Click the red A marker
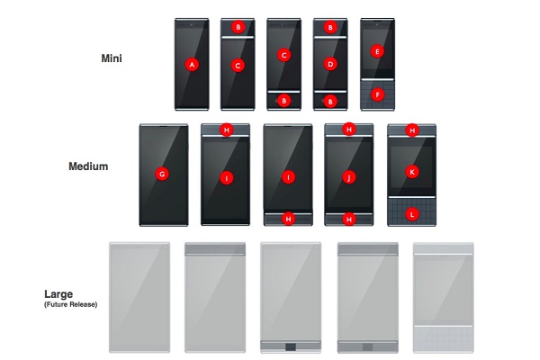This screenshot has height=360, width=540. click(x=192, y=65)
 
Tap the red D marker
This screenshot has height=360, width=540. click(x=330, y=64)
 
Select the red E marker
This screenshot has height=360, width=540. click(x=377, y=51)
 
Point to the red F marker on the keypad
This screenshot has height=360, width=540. click(x=378, y=94)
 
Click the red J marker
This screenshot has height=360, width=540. click(x=349, y=177)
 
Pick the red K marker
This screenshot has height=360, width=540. click(x=412, y=172)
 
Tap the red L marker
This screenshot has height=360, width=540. click(x=412, y=214)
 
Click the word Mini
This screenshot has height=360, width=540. click(x=112, y=58)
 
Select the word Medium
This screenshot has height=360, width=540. click(x=88, y=166)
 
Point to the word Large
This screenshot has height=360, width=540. click(x=58, y=294)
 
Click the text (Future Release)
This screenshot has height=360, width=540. click(x=70, y=304)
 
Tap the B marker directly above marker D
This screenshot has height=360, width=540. click(x=330, y=27)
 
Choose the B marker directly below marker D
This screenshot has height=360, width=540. click(x=330, y=102)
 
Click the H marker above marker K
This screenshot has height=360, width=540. click(x=412, y=130)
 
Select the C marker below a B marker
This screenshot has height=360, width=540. click(x=238, y=65)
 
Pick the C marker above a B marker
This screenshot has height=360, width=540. click(x=283, y=55)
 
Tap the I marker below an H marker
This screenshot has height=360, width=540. click(x=226, y=178)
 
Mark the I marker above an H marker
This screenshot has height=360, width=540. click(x=288, y=177)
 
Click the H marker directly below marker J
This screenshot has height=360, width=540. click(x=349, y=219)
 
